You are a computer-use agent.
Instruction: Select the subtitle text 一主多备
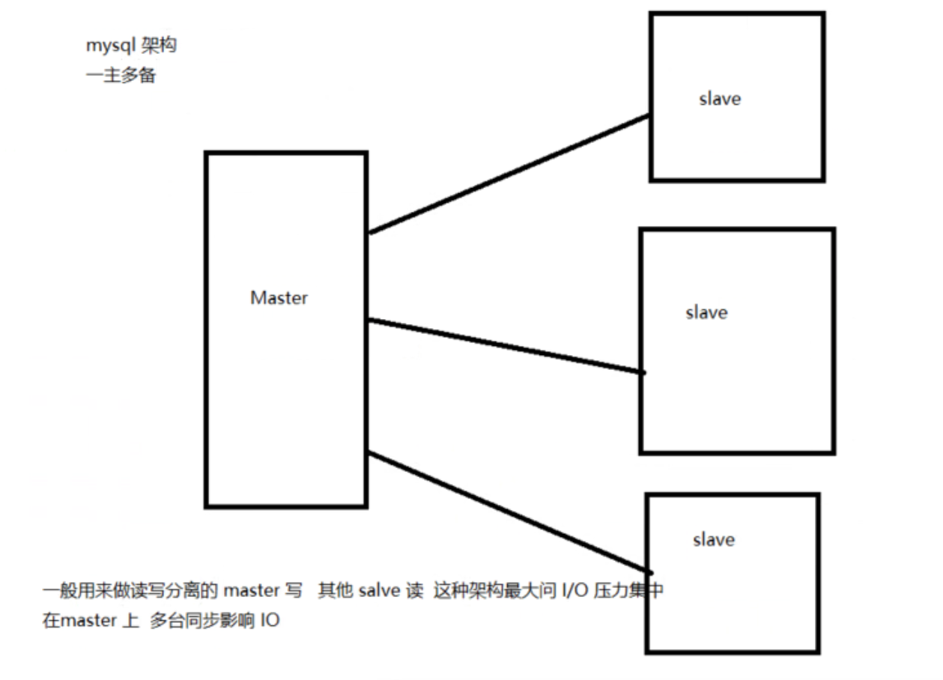(121, 76)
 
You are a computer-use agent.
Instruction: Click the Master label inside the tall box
(279, 298)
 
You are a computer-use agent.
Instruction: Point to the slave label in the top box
(720, 99)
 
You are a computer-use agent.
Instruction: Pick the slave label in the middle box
(706, 312)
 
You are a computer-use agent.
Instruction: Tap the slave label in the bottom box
(713, 540)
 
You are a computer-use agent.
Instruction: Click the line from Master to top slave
(509, 174)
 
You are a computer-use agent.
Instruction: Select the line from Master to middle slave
(506, 346)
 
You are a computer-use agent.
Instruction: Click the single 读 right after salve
(414, 591)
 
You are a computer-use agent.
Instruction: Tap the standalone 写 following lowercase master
(294, 591)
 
